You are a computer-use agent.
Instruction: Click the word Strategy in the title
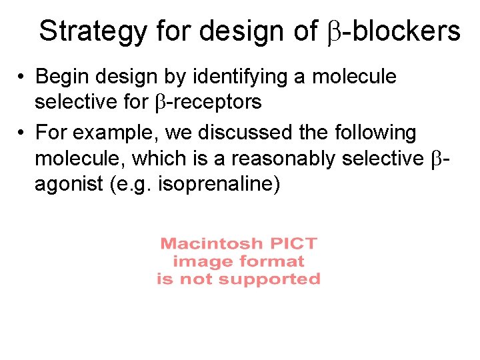(94, 31)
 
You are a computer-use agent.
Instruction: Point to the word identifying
(240, 77)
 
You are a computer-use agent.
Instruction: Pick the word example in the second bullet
(115, 133)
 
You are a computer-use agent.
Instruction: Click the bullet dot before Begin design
(23, 77)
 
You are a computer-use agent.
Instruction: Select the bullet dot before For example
(23, 133)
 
